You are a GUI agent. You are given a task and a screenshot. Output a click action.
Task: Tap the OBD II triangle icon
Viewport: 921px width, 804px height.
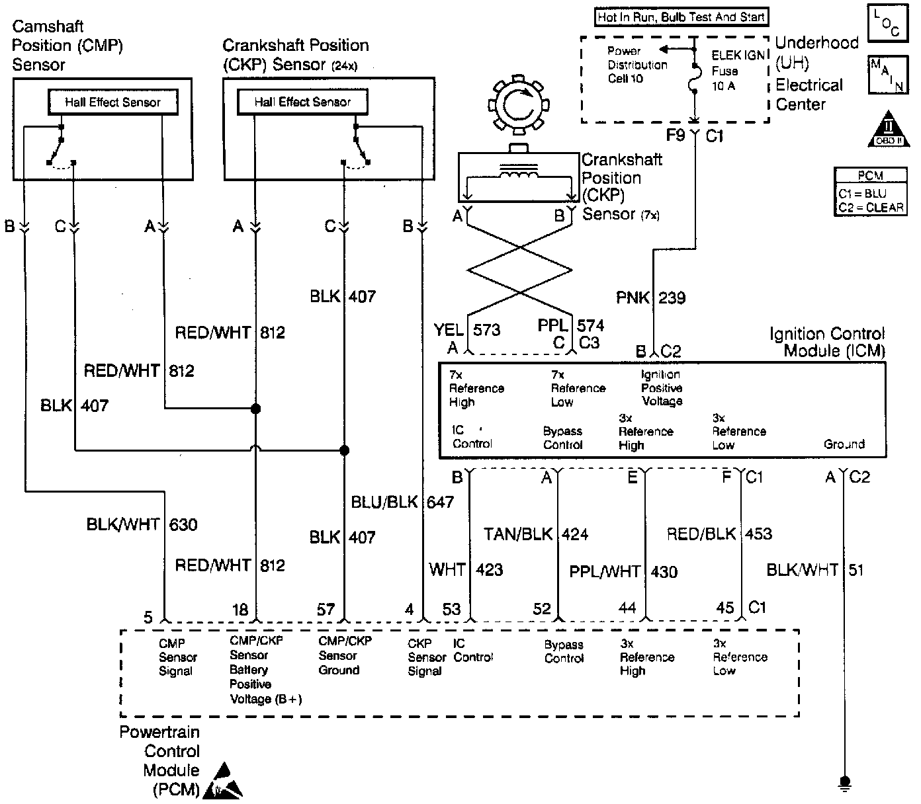pyautogui.click(x=889, y=130)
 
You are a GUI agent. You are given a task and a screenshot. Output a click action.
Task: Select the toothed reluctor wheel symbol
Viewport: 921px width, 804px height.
pyautogui.click(x=519, y=104)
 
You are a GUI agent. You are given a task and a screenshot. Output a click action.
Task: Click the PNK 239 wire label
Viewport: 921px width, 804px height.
pyautogui.click(x=651, y=298)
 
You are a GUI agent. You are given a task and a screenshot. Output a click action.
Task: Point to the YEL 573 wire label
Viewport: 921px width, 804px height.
pyautogui.click(x=467, y=330)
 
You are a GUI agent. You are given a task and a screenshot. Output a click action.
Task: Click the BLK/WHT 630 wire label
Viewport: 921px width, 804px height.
pyautogui.click(x=142, y=524)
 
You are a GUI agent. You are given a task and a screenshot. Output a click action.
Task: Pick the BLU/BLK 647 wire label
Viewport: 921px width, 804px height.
pyautogui.click(x=402, y=502)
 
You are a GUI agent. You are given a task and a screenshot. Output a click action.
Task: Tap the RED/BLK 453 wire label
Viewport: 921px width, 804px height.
pyautogui.click(x=719, y=534)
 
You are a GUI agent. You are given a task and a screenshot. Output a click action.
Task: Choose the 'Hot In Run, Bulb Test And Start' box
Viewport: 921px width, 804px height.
pyautogui.click(x=681, y=17)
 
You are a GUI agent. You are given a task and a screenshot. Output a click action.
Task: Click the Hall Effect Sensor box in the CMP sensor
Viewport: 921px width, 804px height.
pyautogui.click(x=113, y=102)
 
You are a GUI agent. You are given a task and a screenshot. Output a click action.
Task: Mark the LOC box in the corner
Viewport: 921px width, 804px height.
pyautogui.click(x=888, y=23)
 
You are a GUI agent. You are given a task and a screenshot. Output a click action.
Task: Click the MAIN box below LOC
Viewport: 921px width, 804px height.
pyautogui.click(x=888, y=75)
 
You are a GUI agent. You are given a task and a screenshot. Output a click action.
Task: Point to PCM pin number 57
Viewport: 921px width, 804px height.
pyautogui.click(x=326, y=610)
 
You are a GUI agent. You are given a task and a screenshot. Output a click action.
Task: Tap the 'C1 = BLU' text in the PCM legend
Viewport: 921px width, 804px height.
pyautogui.click(x=862, y=193)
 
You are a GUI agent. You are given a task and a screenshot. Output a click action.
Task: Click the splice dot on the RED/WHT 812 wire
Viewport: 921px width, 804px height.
pyautogui.click(x=255, y=409)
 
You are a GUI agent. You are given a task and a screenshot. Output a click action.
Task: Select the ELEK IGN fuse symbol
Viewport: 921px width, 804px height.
pyautogui.click(x=696, y=79)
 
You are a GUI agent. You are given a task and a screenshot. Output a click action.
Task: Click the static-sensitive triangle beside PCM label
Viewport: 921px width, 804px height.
pyautogui.click(x=223, y=782)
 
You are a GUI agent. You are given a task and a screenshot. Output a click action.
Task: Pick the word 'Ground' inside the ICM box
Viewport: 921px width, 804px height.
pyautogui.click(x=844, y=444)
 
